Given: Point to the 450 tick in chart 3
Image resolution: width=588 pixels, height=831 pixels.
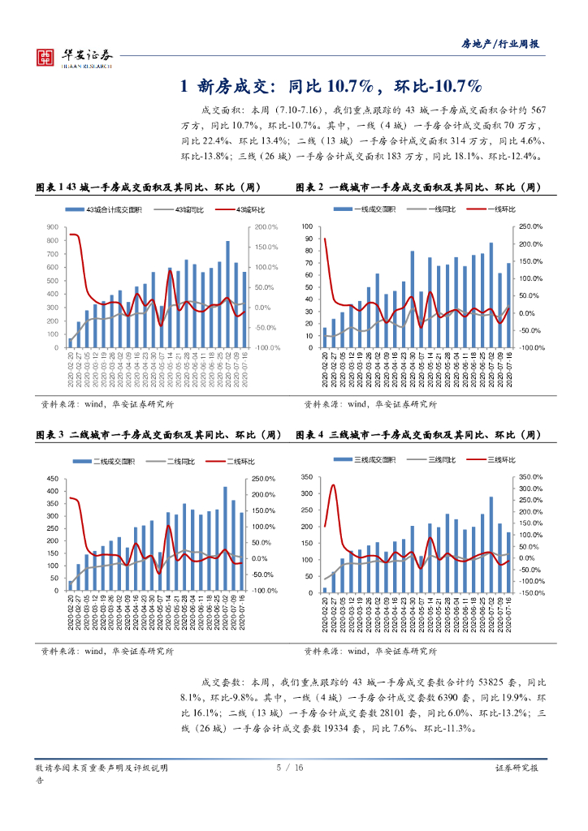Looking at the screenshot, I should pyautogui.click(x=53, y=477).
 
